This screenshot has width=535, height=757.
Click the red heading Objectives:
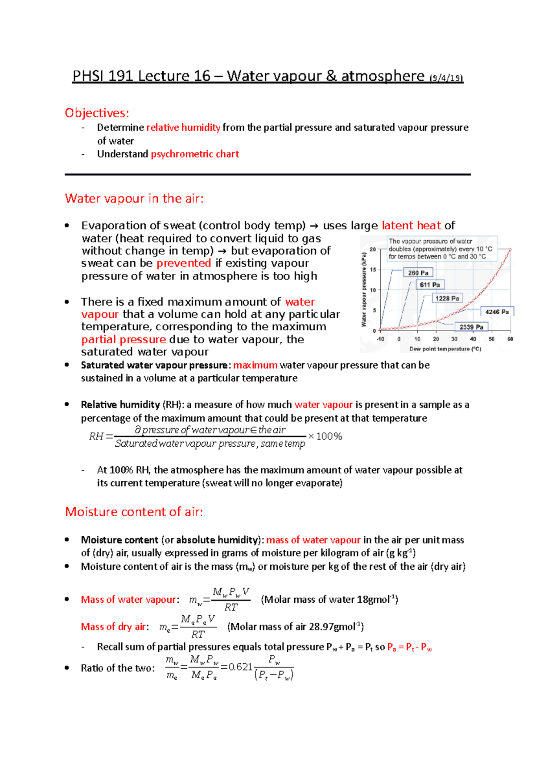(x=97, y=113)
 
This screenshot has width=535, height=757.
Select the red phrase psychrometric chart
(x=195, y=154)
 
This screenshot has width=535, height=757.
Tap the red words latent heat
(x=411, y=226)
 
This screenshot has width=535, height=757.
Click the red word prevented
(x=184, y=263)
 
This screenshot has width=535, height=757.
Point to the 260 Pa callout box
(x=418, y=273)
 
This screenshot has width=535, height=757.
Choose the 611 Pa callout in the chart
(x=430, y=285)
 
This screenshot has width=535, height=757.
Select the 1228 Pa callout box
(x=447, y=298)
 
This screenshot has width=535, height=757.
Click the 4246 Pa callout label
(x=497, y=312)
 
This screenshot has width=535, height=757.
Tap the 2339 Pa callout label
(x=471, y=327)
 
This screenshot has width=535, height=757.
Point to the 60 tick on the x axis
(x=510, y=339)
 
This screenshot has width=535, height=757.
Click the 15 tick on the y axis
(x=373, y=269)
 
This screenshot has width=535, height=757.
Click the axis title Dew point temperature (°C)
(x=445, y=349)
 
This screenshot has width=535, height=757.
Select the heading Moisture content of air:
(x=134, y=512)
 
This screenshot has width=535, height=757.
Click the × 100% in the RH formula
(x=325, y=436)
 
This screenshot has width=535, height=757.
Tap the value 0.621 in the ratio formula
(x=240, y=667)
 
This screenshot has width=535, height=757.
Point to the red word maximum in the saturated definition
(x=255, y=366)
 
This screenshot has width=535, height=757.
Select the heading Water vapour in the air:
(x=134, y=198)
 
